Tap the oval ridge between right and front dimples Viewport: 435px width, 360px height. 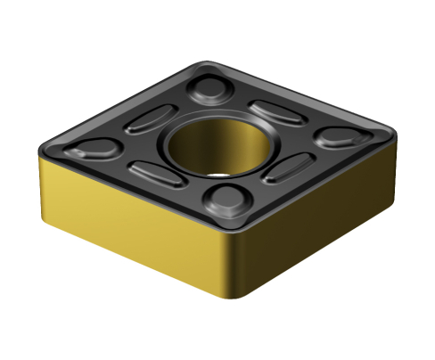[x=285, y=167]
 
